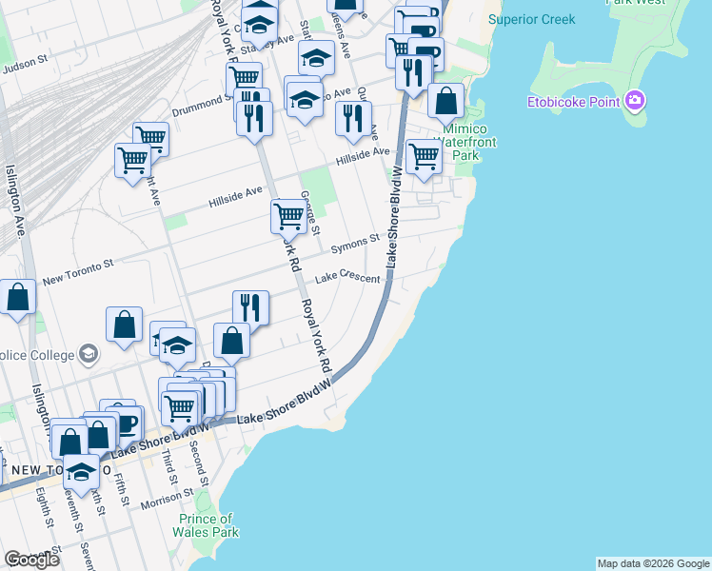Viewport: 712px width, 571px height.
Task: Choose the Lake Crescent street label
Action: [348, 278]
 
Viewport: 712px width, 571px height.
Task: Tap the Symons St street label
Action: [355, 244]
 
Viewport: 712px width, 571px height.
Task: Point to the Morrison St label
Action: [168, 499]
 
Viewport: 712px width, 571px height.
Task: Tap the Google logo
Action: [31, 560]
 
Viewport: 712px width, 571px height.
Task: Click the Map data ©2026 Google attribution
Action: [653, 563]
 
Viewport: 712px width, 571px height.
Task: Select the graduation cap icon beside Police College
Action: [89, 354]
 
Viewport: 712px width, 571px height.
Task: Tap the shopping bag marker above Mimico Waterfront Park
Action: [445, 100]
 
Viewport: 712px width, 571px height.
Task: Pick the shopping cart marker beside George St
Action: [288, 216]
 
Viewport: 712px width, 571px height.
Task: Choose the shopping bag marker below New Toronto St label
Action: [18, 296]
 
